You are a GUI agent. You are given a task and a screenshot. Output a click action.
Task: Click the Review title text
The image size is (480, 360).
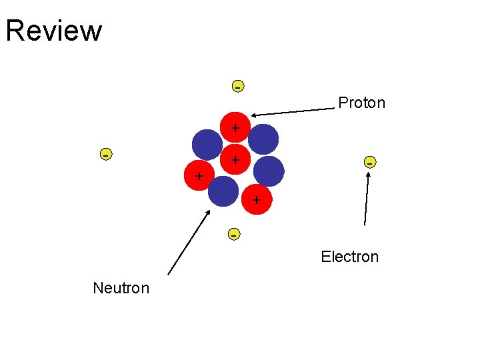click(54, 31)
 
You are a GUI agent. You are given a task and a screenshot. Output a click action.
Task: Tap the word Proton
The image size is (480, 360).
click(361, 103)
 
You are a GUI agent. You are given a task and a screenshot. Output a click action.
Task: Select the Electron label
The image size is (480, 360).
click(349, 257)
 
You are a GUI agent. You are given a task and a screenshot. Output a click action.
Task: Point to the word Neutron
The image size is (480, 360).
click(121, 288)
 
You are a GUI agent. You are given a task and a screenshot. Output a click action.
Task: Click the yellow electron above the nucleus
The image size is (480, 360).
click(237, 86)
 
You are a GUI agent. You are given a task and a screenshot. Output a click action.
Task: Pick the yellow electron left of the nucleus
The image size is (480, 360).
click(105, 154)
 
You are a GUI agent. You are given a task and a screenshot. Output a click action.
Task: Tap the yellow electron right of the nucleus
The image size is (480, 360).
click(369, 162)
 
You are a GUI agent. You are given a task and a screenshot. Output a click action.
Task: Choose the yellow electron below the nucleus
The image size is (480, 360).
click(233, 234)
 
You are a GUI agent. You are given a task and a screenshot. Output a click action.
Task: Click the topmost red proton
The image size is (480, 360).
click(235, 127)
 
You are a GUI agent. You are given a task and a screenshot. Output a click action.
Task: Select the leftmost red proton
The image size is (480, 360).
click(198, 176)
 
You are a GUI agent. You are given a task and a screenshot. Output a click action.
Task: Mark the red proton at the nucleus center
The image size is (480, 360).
click(235, 160)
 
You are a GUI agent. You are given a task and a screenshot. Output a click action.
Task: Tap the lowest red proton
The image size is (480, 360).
click(257, 199)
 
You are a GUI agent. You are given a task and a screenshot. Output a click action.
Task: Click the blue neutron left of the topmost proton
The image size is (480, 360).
click(207, 144)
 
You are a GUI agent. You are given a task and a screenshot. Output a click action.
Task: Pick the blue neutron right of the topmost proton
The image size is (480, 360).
click(263, 139)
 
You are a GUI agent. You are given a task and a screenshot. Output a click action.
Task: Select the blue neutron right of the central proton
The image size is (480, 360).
click(269, 171)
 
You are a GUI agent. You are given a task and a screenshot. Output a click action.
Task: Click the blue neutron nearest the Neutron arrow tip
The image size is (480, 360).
click(223, 191)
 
